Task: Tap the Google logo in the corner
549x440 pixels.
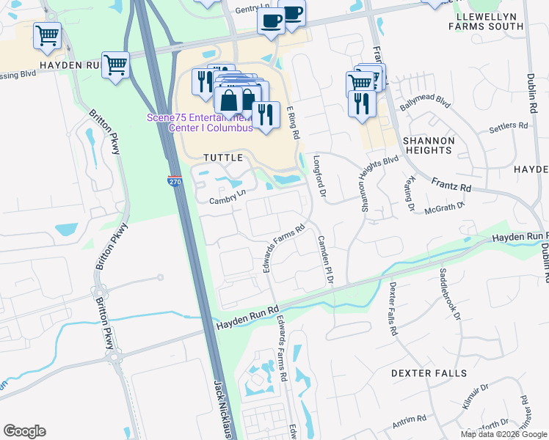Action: [x=24, y=431]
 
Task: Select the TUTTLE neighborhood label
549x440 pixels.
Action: [x=222, y=158]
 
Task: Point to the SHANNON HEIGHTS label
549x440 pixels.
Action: [x=428, y=144]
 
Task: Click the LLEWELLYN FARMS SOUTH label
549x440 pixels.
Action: [x=490, y=21]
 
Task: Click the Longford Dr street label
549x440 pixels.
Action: [x=319, y=175]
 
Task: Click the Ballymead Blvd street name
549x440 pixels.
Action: [x=424, y=102]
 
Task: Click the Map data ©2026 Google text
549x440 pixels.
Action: [x=503, y=434]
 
